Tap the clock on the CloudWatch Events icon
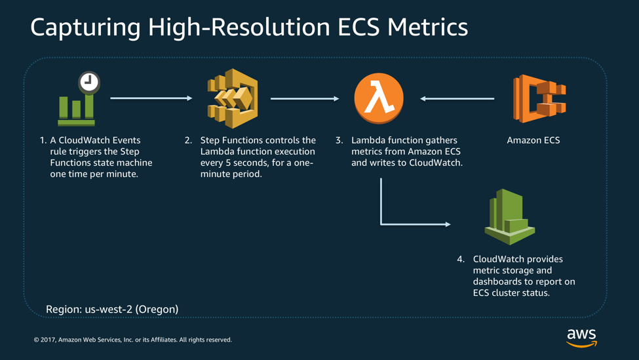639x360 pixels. click(89, 82)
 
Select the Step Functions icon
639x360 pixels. click(233, 98)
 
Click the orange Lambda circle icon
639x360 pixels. click(379, 98)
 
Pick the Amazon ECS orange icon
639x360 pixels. click(539, 98)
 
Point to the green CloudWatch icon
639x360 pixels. click(509, 216)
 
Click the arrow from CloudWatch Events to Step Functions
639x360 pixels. click(151, 98)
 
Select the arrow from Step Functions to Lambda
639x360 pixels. click(305, 99)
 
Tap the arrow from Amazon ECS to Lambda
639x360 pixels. click(457, 99)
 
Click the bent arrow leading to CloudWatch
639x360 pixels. click(393, 223)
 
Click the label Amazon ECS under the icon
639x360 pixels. click(533, 140)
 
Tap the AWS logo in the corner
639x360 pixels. click(581, 337)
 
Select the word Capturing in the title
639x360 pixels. click(85, 28)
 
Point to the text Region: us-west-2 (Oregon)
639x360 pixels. click(112, 309)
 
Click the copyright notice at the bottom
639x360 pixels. click(133, 340)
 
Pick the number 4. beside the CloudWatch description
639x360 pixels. click(461, 259)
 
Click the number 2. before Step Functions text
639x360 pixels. click(188, 140)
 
